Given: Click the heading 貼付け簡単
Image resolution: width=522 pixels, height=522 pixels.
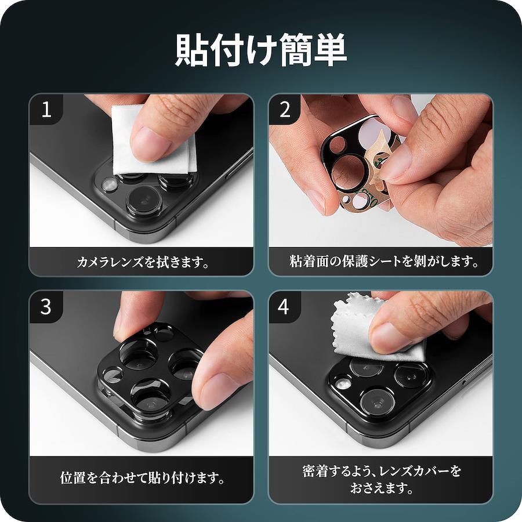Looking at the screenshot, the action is point(261,50).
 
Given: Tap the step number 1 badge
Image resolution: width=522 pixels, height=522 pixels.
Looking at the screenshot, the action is point(46,110).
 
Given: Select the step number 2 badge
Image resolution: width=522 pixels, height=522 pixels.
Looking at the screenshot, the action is point(285,110).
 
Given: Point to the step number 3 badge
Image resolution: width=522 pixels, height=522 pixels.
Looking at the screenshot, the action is point(46,307).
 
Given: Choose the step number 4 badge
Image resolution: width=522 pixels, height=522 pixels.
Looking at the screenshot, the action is point(284,307).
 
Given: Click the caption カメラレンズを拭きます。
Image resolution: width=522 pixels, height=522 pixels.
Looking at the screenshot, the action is point(143,262).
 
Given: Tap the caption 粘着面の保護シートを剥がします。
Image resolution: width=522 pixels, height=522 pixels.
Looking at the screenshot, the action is point(384,262).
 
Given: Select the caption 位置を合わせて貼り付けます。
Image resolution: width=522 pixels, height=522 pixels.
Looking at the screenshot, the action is point(142,478).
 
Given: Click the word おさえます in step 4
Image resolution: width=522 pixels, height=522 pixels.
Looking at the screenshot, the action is point(377,488).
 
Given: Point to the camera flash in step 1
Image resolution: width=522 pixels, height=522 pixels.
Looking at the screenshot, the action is point(109,184).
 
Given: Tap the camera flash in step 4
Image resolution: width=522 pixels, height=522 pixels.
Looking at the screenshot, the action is point(342,383).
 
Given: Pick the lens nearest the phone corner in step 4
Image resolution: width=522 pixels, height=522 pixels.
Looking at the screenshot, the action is point(377,403).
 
